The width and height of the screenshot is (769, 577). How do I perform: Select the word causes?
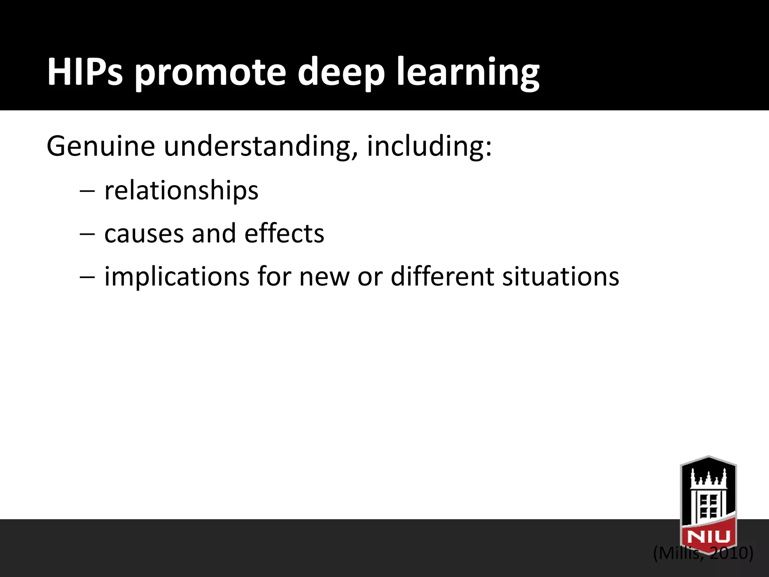(144, 234)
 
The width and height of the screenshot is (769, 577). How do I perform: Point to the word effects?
(284, 234)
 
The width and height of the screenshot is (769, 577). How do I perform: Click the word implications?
(176, 276)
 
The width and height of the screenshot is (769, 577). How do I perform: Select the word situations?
(561, 276)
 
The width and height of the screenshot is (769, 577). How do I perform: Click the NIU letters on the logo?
(708, 536)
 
